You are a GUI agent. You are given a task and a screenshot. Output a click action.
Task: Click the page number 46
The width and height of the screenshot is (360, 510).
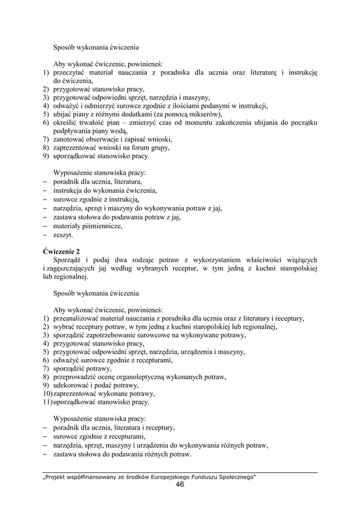(x=180, y=485)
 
